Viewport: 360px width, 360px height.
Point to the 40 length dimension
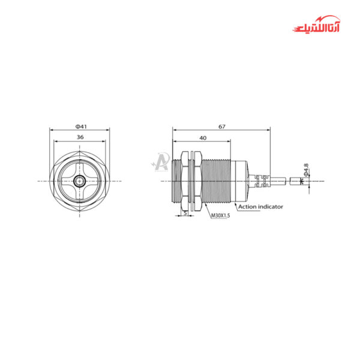202,137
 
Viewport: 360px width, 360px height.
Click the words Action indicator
261,206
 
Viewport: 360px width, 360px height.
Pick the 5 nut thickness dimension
185,212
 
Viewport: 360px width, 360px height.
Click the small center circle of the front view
79,181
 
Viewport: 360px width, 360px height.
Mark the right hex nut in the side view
195,181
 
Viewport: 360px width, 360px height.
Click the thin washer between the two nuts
187,181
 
